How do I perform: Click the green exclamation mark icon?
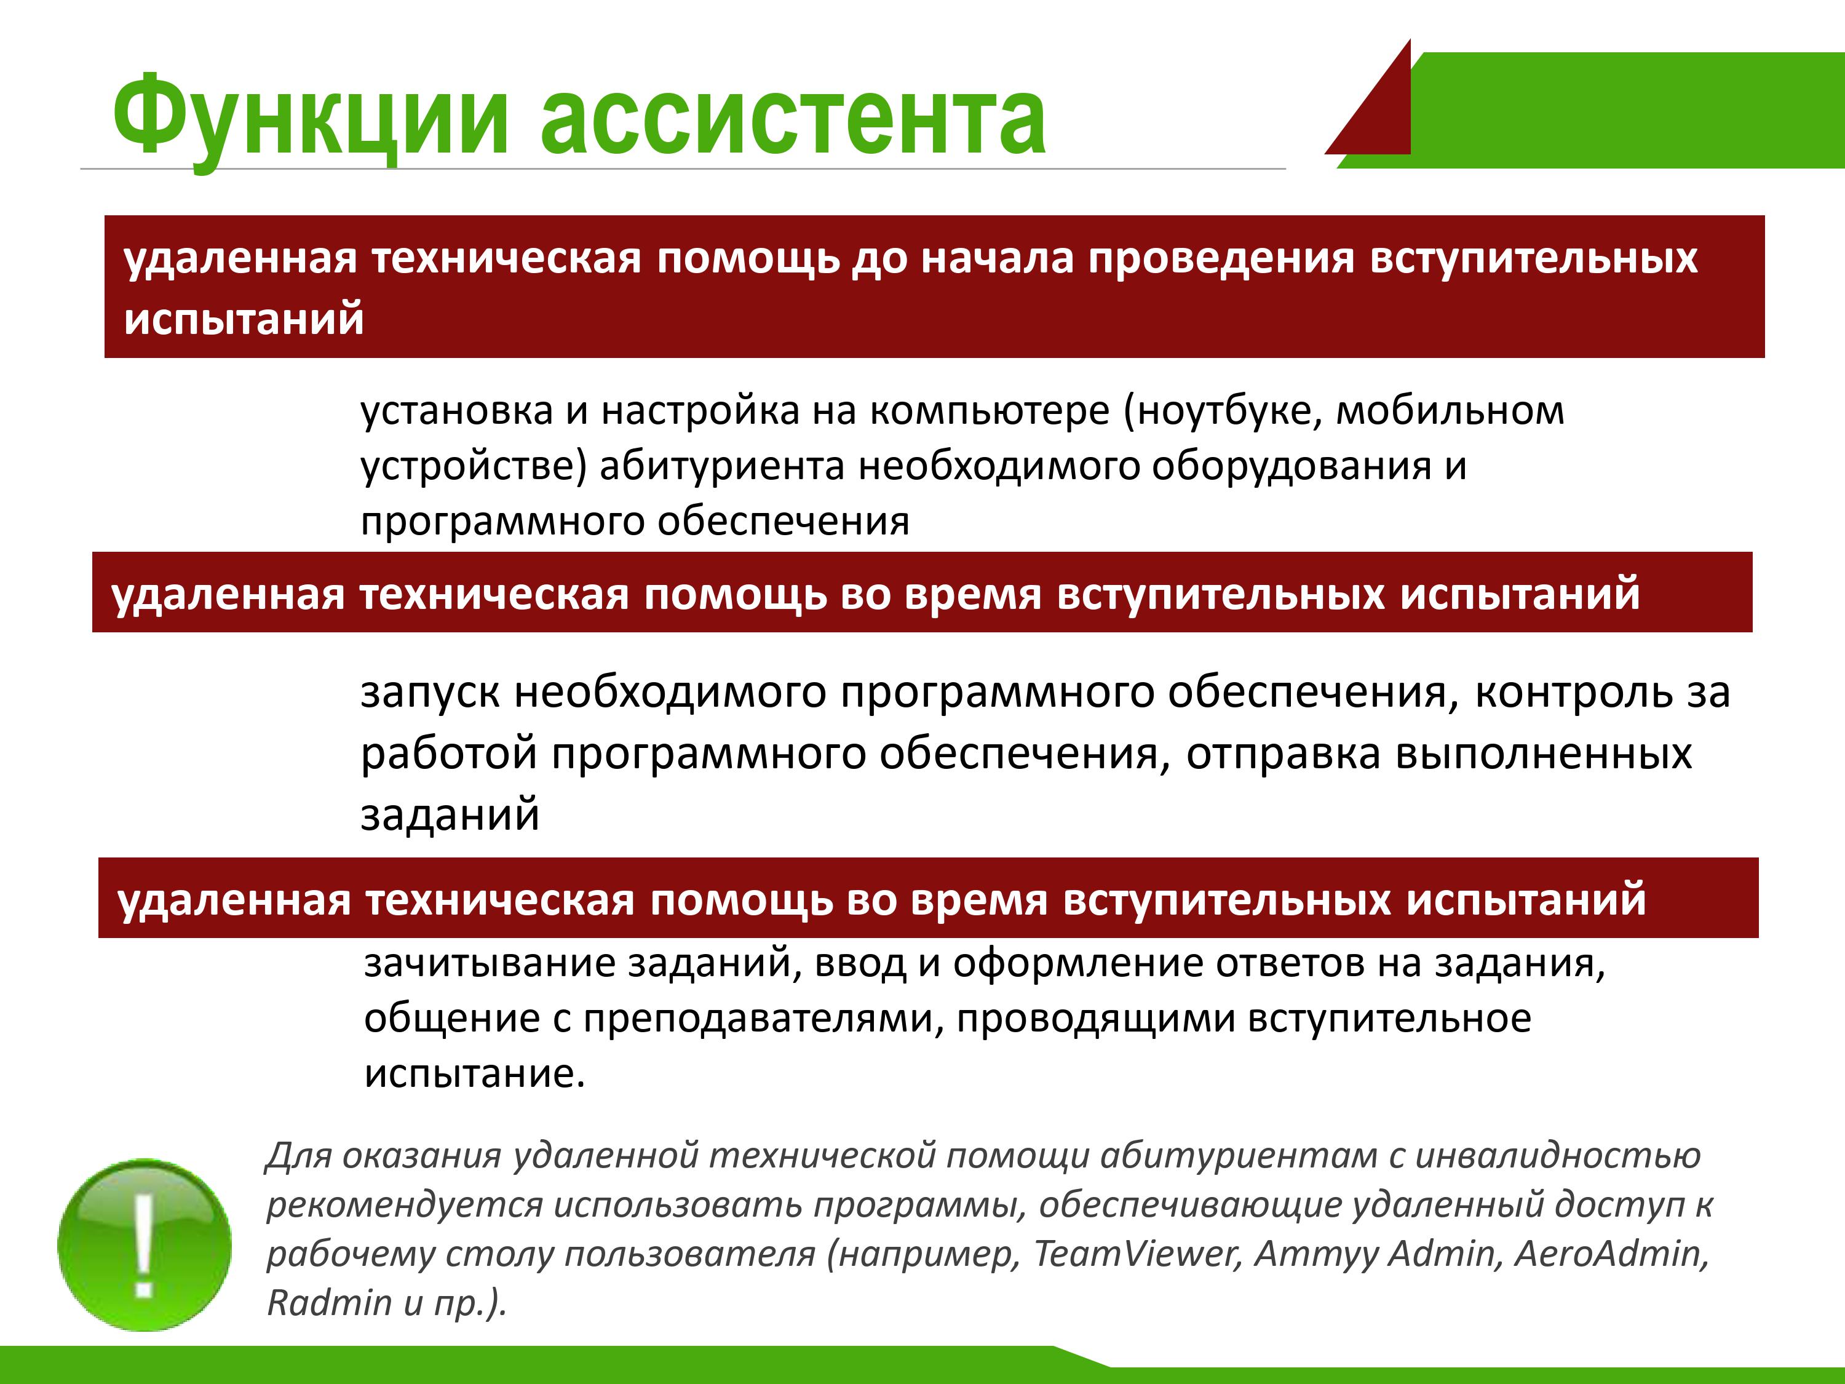(x=145, y=1245)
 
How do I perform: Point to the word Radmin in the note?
(x=330, y=1302)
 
